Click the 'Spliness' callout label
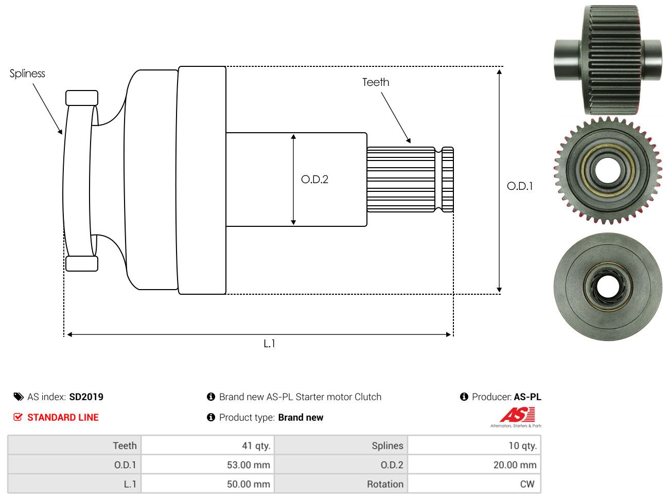27,73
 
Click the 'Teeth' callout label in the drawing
375,82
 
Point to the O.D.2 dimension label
314,180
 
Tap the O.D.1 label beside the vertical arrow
519,186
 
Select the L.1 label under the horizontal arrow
269,344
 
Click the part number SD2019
86,397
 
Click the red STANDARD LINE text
63,417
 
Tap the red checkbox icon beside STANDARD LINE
18,417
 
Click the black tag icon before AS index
18,397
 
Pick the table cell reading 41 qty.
207,446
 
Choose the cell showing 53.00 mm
207,465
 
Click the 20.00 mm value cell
474,465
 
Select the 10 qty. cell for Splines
474,446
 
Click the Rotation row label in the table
385,484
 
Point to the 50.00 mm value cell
207,484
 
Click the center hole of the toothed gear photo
607,171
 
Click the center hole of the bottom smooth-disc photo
608,287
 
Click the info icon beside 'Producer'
464,397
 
